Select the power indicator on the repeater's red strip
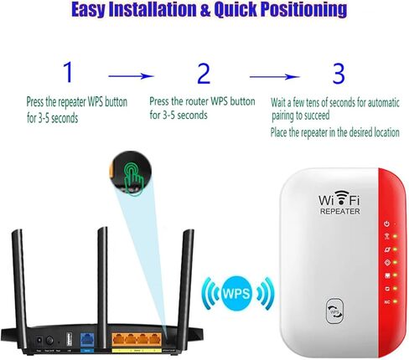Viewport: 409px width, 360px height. [386, 224]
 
